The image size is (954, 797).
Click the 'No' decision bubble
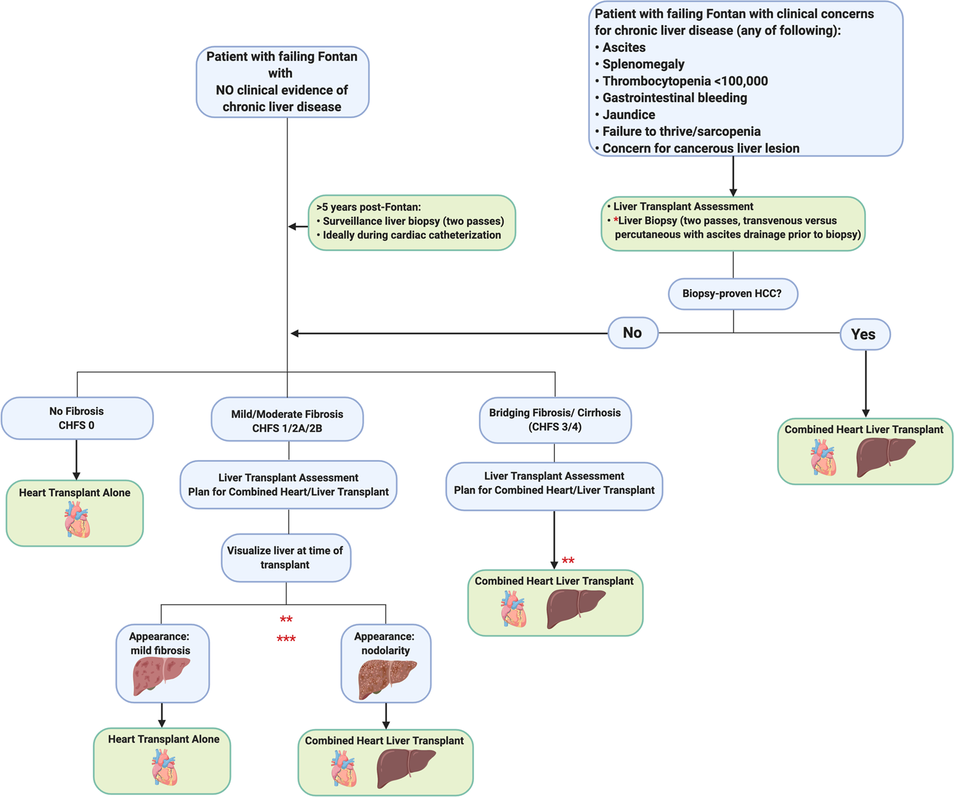click(633, 333)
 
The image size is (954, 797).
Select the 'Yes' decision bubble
click(865, 334)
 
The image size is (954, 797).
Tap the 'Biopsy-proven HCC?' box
click(732, 293)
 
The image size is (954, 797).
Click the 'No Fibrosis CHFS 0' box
click(77, 418)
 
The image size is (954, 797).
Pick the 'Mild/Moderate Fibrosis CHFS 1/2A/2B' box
click(287, 421)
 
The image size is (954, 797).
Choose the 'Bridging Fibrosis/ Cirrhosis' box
click(555, 420)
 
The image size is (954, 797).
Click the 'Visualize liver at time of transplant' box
click(285, 557)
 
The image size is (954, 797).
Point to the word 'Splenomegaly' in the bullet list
click(643, 64)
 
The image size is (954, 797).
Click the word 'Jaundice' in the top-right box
click(629, 115)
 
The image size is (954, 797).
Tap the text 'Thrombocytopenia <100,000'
click(685, 81)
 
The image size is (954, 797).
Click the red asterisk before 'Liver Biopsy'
click(616, 220)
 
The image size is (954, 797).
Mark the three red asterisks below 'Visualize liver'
click(286, 639)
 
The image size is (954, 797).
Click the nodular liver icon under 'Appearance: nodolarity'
click(386, 678)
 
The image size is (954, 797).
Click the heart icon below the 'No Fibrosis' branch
click(77, 519)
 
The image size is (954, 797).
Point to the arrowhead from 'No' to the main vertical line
click(294, 333)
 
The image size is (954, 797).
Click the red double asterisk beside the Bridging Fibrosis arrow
click(568, 561)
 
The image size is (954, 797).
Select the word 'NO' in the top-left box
click(225, 90)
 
